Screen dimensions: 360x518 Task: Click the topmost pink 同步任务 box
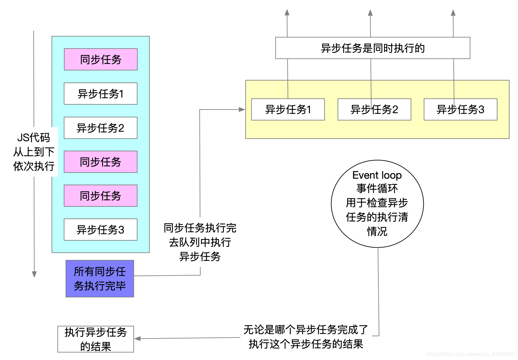point(100,59)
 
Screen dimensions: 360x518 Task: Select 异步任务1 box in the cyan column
point(100,94)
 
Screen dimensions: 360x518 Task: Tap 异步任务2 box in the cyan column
point(100,128)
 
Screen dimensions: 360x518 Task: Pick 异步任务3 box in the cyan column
point(100,230)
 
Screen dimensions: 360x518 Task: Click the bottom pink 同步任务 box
point(100,196)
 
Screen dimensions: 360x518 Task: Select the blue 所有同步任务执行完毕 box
point(100,278)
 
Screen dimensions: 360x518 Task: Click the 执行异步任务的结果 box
point(96,339)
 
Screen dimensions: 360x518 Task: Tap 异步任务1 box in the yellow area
point(288,110)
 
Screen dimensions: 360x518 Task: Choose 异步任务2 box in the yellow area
point(374,110)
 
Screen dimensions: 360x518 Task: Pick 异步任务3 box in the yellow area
point(460,110)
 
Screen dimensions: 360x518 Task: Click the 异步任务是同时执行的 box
point(373,48)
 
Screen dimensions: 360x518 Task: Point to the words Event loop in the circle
point(377,175)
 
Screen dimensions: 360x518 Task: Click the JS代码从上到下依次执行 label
point(34,152)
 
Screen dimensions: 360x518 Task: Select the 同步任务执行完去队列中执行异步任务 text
point(200,242)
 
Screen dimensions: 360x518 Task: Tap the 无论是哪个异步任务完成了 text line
point(306,330)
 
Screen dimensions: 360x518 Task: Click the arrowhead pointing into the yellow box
point(242,110)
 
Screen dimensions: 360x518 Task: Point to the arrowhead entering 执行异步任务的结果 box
point(138,338)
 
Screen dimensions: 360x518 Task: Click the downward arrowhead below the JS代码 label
point(34,274)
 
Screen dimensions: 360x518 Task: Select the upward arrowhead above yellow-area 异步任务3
point(453,13)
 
